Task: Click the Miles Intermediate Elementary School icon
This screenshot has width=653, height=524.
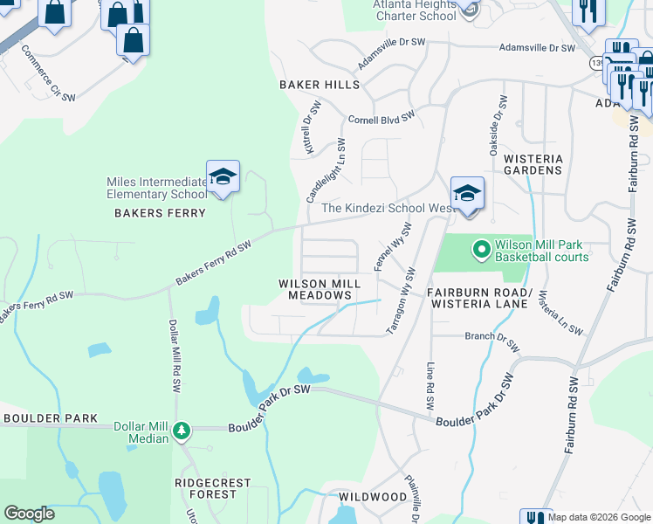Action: (223, 176)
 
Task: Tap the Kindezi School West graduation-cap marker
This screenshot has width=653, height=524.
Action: (467, 192)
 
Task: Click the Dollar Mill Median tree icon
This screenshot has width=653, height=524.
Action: (181, 431)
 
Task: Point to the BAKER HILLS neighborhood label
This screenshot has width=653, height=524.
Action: (319, 85)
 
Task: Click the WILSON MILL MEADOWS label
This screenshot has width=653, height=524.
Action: (315, 289)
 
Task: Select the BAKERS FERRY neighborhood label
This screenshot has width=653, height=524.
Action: (161, 213)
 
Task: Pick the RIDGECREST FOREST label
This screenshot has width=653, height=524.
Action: (212, 488)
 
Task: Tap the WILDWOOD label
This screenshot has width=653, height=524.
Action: (373, 497)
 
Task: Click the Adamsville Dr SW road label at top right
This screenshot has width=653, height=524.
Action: (536, 49)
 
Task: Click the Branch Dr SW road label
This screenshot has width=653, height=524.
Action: (492, 340)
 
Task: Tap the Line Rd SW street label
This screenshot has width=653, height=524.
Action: (430, 386)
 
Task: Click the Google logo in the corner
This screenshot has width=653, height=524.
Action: (29, 514)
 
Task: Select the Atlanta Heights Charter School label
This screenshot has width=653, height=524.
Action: (414, 10)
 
